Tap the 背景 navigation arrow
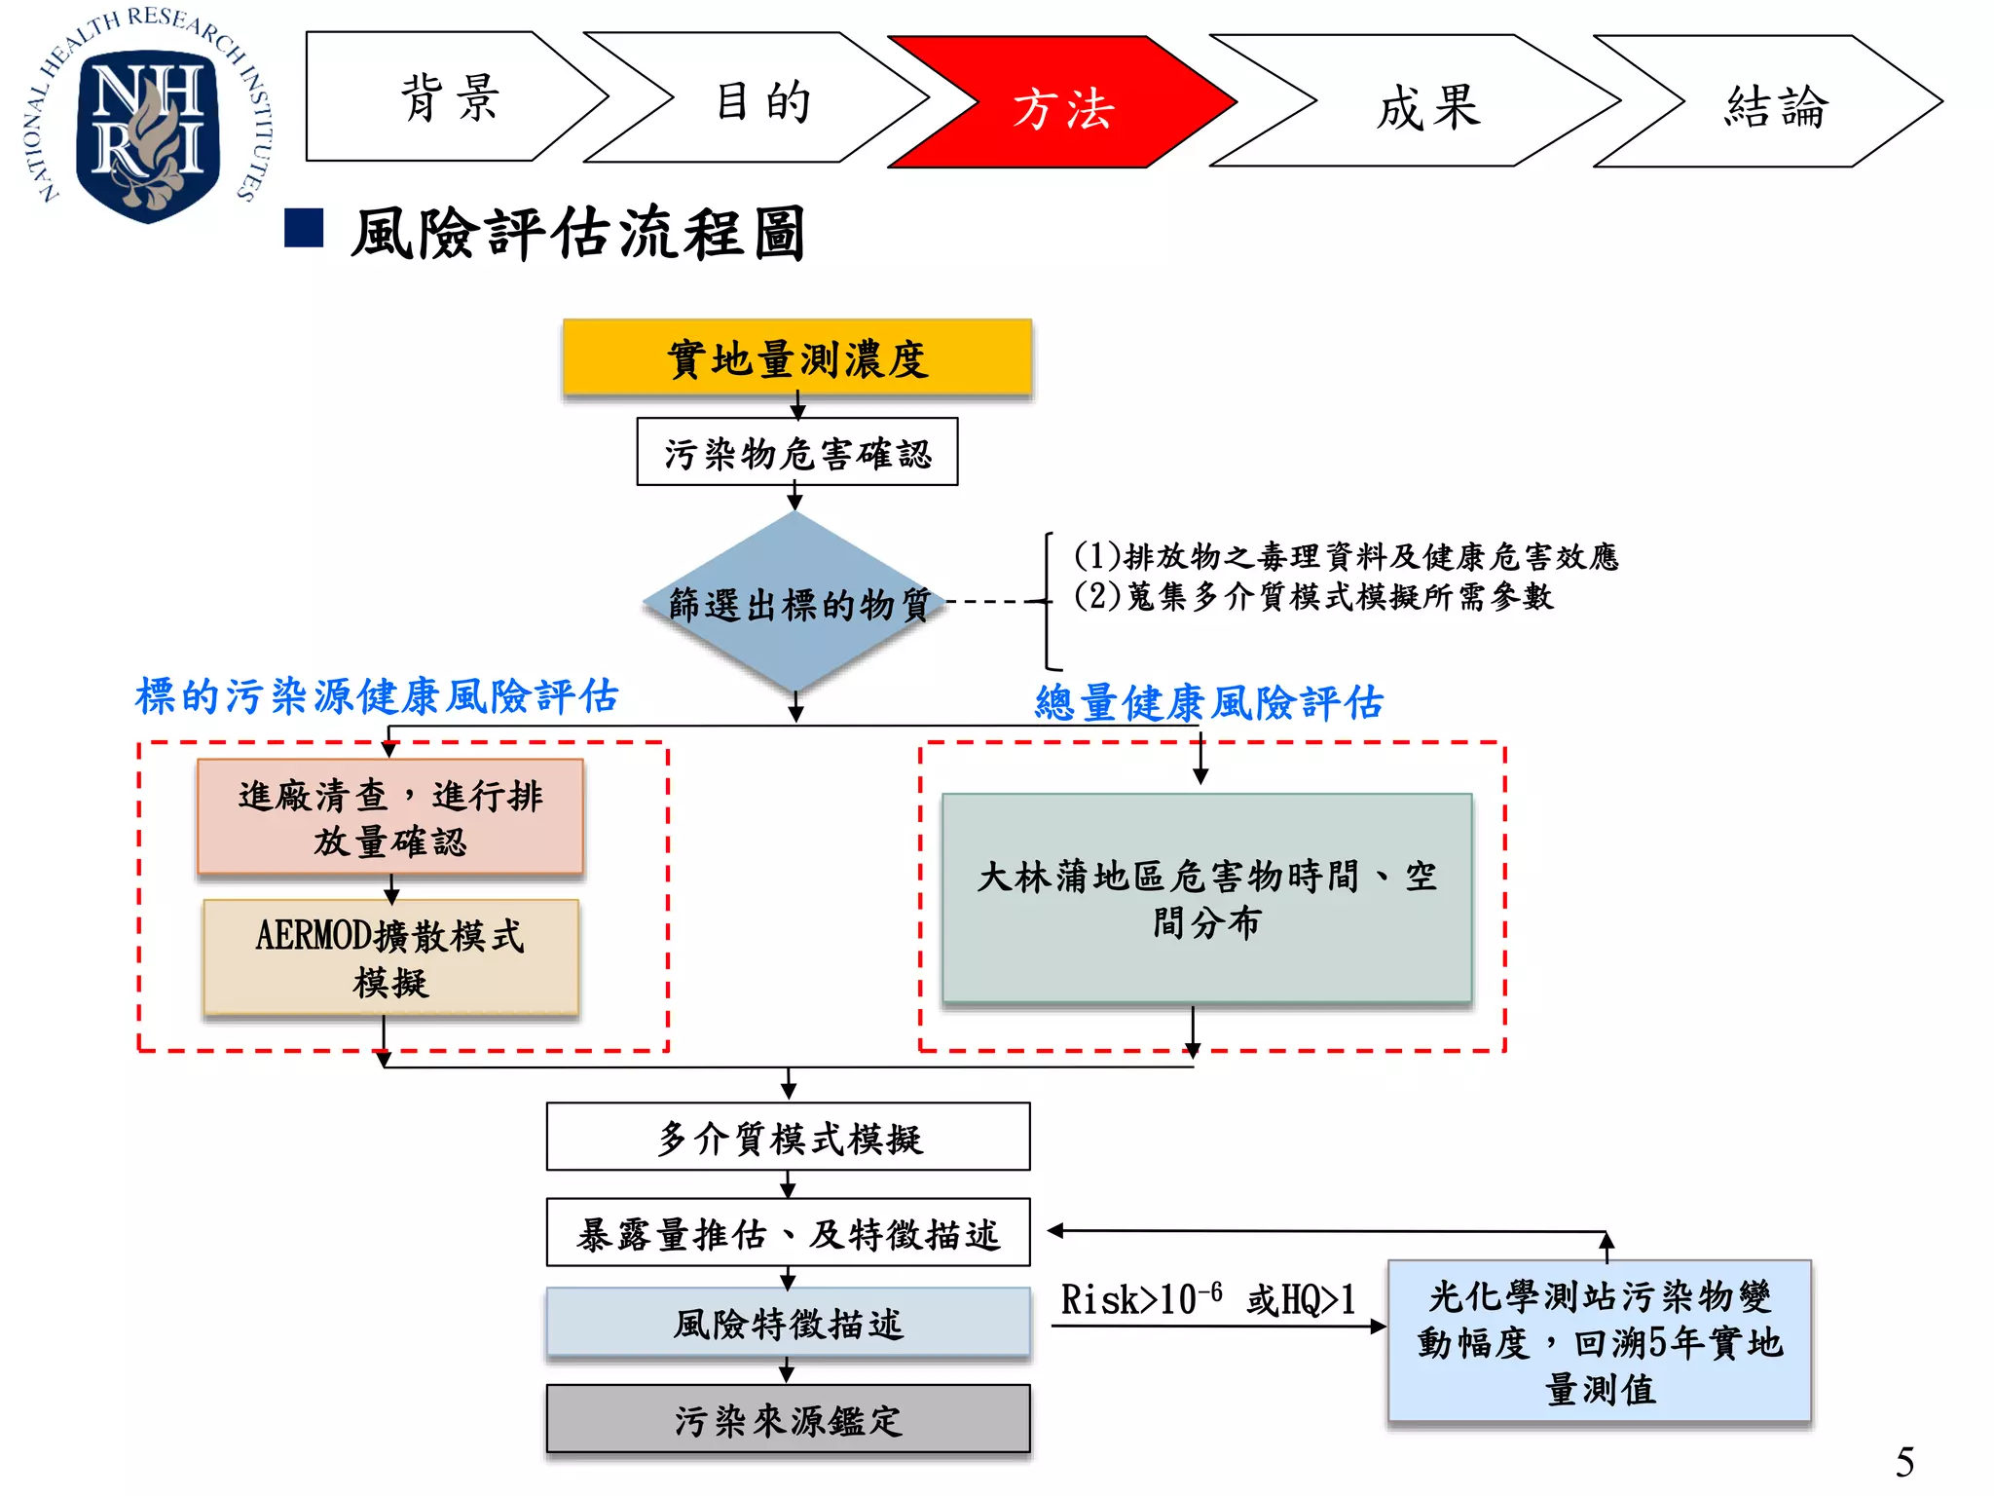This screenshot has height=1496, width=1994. pyautogui.click(x=448, y=97)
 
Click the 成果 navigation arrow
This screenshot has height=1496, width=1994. pyautogui.click(x=1426, y=103)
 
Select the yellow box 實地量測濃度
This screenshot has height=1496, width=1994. pyautogui.click(x=796, y=357)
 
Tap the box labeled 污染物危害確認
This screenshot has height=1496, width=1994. pyautogui.click(x=796, y=452)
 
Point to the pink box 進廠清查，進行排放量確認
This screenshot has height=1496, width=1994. pyautogui.click(x=390, y=817)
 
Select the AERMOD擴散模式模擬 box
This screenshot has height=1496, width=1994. pyautogui.click(x=390, y=957)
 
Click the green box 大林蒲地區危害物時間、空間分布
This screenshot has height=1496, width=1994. pyautogui.click(x=1206, y=898)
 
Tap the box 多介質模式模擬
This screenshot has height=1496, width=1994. pyautogui.click(x=788, y=1137)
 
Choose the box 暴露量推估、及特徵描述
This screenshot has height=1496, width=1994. pyautogui.click(x=788, y=1233)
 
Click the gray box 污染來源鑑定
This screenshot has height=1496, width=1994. pyautogui.click(x=788, y=1419)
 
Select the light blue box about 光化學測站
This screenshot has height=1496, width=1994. pyautogui.click(x=1599, y=1342)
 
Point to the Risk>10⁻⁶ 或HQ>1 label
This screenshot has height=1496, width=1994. pyautogui.click(x=1207, y=1300)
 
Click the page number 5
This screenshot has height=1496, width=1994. pyautogui.click(x=1904, y=1462)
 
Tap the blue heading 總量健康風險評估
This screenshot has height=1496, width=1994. pyautogui.click(x=1208, y=701)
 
